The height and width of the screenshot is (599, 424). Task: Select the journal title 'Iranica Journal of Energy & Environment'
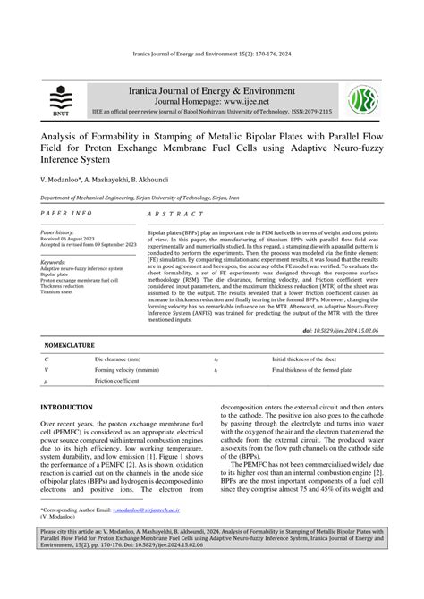click(211, 90)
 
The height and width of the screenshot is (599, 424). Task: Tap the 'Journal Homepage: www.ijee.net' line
click(211, 103)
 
